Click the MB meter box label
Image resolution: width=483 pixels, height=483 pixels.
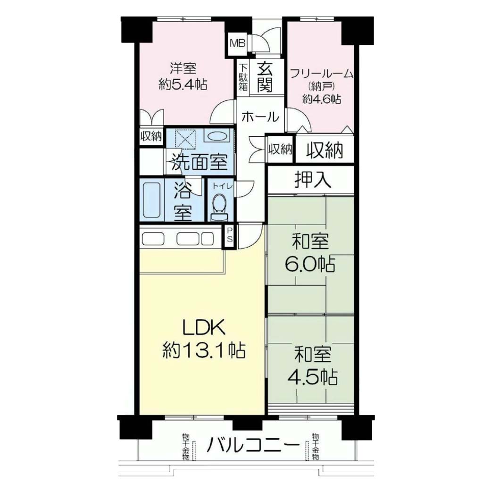click(238, 43)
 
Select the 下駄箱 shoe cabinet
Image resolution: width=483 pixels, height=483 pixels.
click(243, 77)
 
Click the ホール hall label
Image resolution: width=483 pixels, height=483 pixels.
click(260, 117)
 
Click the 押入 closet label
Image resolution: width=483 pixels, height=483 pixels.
click(313, 180)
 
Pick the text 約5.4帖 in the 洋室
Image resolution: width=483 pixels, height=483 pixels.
click(183, 84)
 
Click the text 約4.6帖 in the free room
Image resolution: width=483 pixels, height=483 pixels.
click(322, 99)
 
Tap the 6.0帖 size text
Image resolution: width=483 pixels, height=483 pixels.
click(310, 264)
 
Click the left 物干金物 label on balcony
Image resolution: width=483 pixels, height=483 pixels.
click(185, 447)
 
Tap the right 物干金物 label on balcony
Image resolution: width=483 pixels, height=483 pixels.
click(315, 446)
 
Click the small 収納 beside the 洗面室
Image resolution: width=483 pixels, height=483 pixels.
click(151, 136)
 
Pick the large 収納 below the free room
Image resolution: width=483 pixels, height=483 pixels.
click(325, 150)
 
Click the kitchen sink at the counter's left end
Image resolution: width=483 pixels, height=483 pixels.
click(153, 238)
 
